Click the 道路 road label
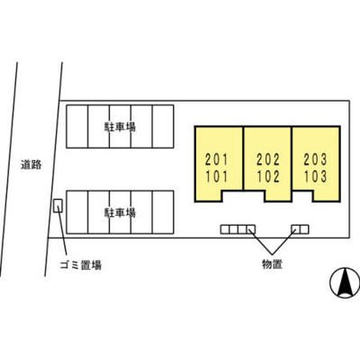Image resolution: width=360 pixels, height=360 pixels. tap(31, 165)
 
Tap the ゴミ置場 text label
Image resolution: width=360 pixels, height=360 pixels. tap(81, 265)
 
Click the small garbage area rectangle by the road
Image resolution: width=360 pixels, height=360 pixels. tap(58, 206)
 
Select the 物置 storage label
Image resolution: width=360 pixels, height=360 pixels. tap(272, 264)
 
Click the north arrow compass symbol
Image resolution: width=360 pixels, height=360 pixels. tap(345, 283)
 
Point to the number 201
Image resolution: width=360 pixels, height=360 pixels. tap(217, 159)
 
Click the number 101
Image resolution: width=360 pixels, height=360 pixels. tap(217, 176)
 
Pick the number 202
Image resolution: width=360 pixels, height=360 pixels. tap(268, 159)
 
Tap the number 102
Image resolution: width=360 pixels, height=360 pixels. tap(268, 176)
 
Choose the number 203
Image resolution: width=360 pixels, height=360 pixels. tap(315, 159)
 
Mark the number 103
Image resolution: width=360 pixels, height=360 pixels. tap(315, 176)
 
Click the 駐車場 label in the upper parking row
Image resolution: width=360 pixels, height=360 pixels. tap(120, 127)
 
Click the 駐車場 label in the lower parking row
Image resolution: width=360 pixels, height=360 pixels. tap(120, 212)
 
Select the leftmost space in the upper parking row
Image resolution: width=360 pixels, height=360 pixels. tap(77, 126)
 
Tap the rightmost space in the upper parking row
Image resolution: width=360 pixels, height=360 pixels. tap(163, 126)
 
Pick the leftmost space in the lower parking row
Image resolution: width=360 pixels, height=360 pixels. tap(77, 212)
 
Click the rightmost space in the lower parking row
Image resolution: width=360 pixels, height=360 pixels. tap(163, 212)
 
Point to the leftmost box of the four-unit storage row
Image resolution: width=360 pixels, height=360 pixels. tap(225, 229)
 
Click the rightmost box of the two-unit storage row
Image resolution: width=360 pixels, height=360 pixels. tap(304, 229)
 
